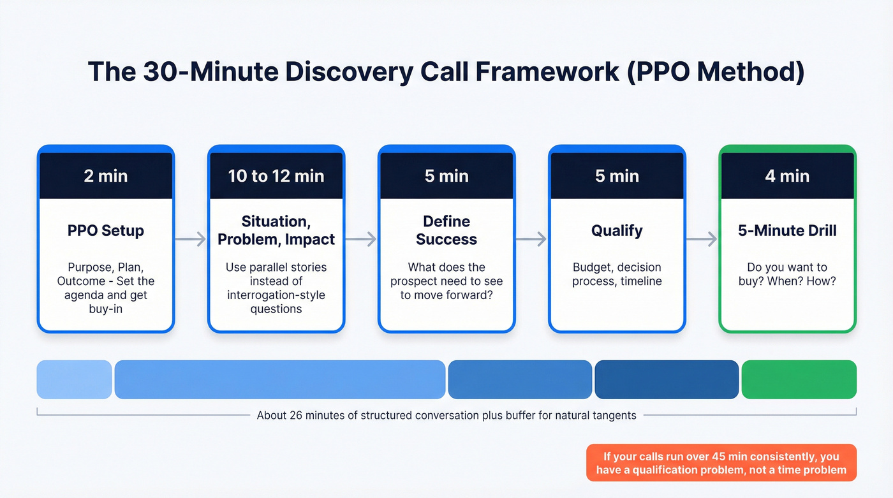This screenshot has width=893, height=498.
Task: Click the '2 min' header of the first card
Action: click(106, 176)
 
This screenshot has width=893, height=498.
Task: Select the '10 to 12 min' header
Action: click(276, 176)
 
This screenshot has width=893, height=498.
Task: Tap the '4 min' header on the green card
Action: click(787, 176)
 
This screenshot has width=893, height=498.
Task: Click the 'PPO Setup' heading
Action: click(106, 230)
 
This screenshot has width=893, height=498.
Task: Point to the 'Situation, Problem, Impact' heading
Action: click(276, 230)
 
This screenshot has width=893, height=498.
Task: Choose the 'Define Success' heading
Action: click(447, 230)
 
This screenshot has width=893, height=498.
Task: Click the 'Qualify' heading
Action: click(617, 230)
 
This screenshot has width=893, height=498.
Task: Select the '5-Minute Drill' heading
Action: click(787, 230)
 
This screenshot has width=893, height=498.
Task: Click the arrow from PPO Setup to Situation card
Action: click(191, 239)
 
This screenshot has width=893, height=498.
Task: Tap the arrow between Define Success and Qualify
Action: click(531, 239)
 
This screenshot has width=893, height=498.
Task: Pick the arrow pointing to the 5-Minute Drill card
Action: click(702, 239)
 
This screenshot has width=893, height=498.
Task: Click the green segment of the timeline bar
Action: click(799, 379)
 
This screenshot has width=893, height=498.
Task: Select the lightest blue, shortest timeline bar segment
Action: click(74, 379)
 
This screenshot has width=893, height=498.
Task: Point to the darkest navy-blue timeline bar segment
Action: click(666, 379)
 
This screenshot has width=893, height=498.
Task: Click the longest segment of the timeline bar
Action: click(279, 379)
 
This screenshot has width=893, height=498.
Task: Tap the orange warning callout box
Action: click(721, 463)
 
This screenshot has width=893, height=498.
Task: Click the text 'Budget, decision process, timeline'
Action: click(617, 274)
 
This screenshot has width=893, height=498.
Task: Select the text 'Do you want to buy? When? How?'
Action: click(787, 274)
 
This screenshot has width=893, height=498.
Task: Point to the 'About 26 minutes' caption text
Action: click(447, 415)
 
